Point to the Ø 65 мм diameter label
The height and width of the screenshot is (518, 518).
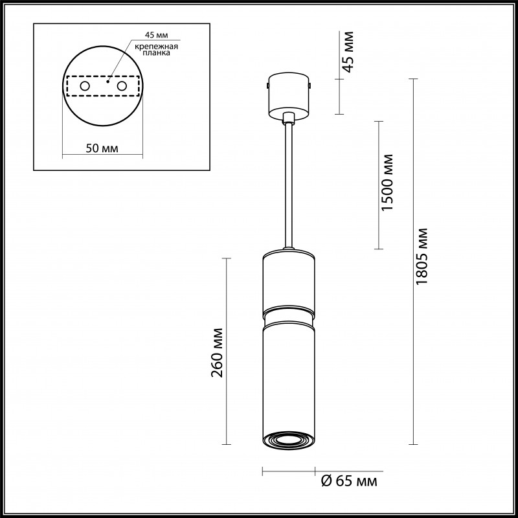(349, 482)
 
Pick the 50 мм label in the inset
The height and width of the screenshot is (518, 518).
(102, 148)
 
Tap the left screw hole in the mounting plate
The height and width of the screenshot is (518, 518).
(85, 85)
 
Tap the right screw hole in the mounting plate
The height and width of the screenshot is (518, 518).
(121, 85)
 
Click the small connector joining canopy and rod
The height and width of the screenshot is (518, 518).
(288, 118)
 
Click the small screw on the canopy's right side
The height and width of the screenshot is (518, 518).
(311, 84)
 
